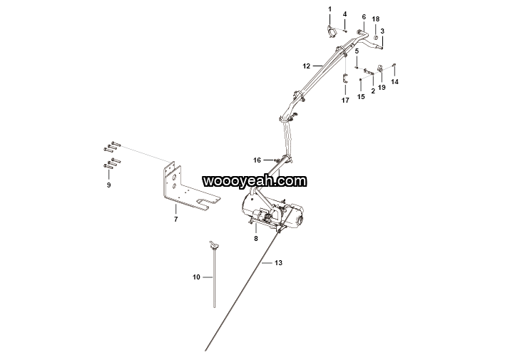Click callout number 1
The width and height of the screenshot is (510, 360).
point(330,9)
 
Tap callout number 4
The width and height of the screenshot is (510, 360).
point(345,14)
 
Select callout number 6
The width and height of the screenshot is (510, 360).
point(364,16)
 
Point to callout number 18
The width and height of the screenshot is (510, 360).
point(376,19)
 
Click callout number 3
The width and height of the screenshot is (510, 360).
point(382,31)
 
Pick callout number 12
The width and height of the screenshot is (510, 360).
point(306,66)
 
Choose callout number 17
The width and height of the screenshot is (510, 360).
point(345,101)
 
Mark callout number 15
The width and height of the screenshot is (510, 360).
point(361,96)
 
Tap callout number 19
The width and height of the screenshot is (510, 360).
point(382,88)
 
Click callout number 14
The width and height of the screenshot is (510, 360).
point(395,82)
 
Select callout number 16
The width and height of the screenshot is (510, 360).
point(257,160)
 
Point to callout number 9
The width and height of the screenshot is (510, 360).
point(109,185)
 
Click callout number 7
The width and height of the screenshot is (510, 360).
point(175,220)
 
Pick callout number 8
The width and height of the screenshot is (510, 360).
point(255,239)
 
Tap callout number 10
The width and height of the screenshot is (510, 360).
point(196,277)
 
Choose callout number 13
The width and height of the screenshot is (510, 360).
point(278,263)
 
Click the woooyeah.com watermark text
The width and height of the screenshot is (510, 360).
point(254,181)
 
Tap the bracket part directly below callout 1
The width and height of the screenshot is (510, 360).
point(332,34)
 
